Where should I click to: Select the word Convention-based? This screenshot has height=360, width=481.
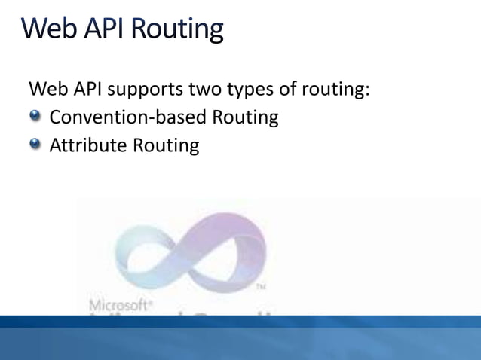tap(129, 117)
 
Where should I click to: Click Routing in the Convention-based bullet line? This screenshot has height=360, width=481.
tap(246, 118)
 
